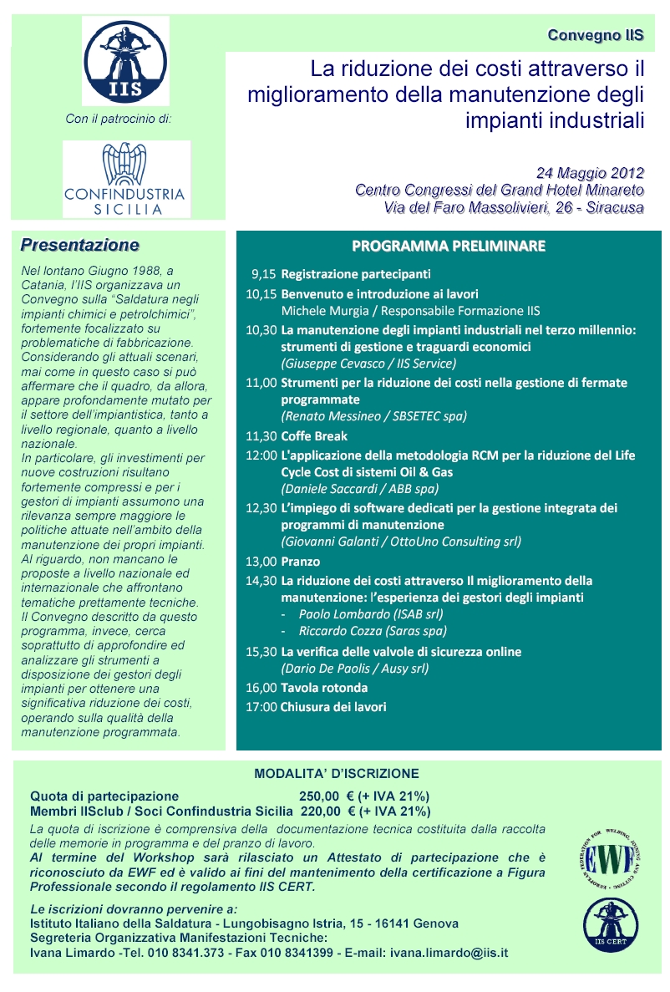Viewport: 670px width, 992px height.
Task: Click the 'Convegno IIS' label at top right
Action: pos(596,35)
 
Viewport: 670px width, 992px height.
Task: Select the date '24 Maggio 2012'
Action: pos(590,173)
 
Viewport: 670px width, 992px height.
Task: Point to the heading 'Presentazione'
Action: pos(80,246)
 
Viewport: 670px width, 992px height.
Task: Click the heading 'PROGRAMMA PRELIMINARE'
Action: pos(449,246)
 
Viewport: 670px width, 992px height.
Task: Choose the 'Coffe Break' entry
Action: pos(314,436)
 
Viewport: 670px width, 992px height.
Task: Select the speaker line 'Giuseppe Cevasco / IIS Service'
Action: pos(368,364)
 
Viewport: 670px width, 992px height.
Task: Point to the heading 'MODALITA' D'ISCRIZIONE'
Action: pos(337,774)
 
